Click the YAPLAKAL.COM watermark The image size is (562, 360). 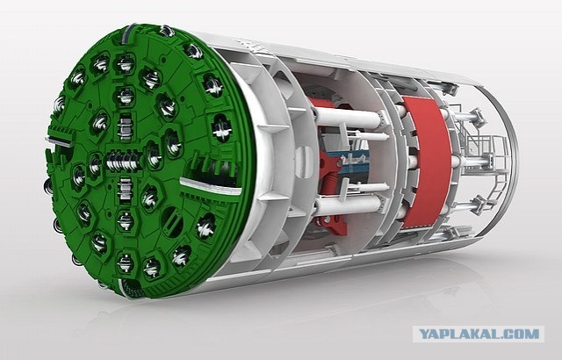coord(479,335)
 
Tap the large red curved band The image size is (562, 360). coord(427,163)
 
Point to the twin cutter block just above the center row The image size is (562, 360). coord(125,127)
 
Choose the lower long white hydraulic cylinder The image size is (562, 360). coord(349,205)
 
